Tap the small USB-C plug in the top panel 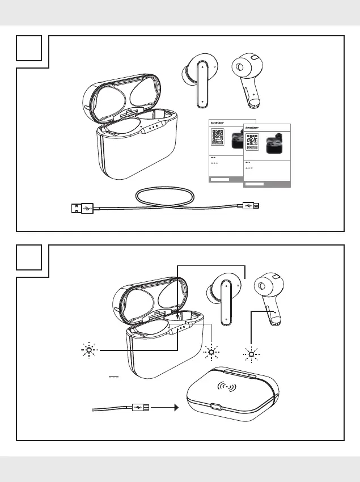pyautogui.click(x=249, y=206)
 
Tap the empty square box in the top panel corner pyautogui.click(x=29, y=49)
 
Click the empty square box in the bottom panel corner pyautogui.click(x=29, y=259)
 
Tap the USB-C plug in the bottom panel pyautogui.click(x=139, y=407)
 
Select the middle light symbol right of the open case pyautogui.click(x=211, y=352)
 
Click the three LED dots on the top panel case pyautogui.click(x=152, y=128)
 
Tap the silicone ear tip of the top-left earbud pyautogui.click(x=186, y=73)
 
